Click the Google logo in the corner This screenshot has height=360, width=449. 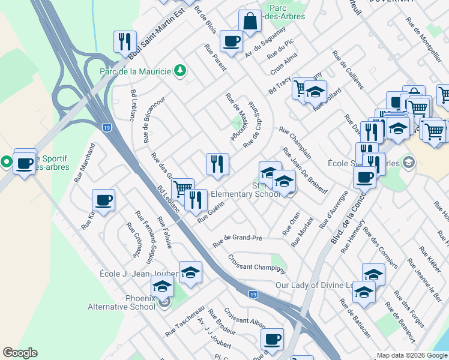click(x=20, y=353)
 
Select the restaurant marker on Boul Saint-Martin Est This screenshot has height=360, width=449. click(x=125, y=41)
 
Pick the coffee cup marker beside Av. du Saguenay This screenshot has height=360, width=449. click(x=231, y=41)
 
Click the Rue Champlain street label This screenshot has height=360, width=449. click(x=295, y=142)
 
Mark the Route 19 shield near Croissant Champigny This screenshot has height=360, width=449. click(x=254, y=294)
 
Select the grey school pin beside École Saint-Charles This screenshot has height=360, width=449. click(x=409, y=162)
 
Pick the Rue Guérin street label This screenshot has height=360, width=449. click(x=211, y=213)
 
